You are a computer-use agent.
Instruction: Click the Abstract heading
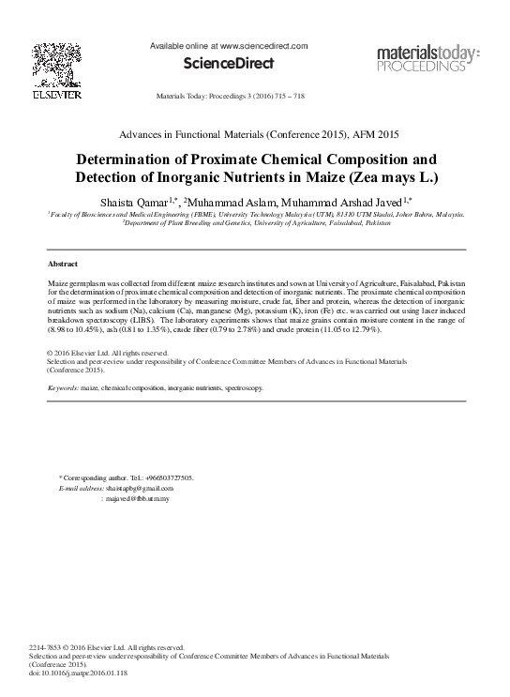(63, 265)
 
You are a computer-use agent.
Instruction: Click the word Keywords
(63, 387)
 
